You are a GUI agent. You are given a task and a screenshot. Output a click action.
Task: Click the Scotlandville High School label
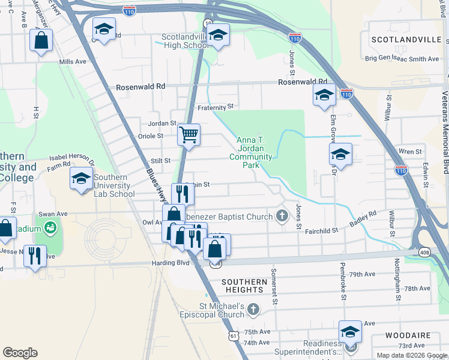click(x=185, y=41)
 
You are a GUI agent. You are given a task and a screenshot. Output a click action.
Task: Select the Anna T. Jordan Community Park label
click(x=251, y=152)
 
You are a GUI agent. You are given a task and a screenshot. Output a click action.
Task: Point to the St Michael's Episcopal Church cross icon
click(x=253, y=309)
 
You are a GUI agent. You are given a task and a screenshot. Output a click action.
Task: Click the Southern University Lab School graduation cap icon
click(x=82, y=178)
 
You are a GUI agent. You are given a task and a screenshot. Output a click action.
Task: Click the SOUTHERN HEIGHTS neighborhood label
click(x=244, y=286)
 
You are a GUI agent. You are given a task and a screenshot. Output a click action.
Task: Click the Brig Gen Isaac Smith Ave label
click(x=403, y=59)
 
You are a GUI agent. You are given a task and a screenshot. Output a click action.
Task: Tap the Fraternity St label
click(x=215, y=107)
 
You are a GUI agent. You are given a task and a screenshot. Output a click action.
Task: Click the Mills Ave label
click(x=73, y=62)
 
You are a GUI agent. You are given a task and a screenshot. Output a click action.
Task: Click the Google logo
click(x=20, y=353)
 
